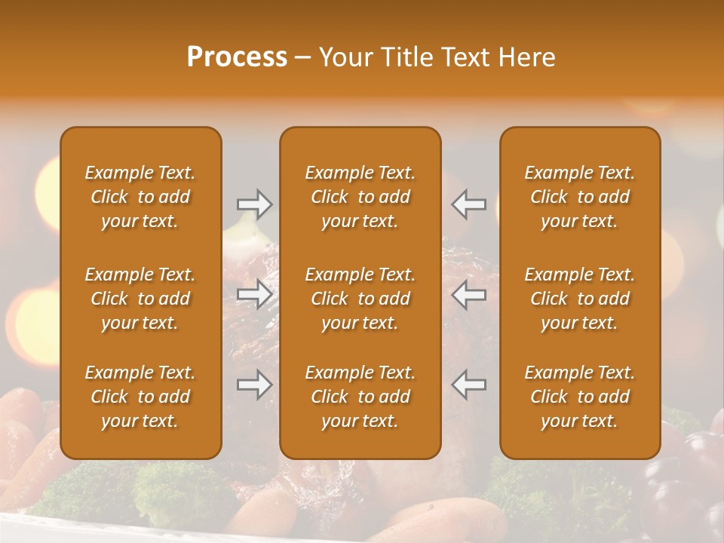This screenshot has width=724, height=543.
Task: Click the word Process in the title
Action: pos(237,57)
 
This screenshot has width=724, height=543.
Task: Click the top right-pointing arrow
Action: pos(254,204)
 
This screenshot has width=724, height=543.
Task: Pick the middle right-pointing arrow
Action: pos(254,294)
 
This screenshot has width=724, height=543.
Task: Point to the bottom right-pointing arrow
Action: pos(254,385)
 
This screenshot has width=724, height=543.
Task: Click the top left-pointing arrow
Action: pos(468,204)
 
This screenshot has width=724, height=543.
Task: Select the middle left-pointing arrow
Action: pos(468,294)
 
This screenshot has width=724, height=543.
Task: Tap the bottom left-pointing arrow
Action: pos(468,385)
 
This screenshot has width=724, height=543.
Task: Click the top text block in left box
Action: pos(140,197)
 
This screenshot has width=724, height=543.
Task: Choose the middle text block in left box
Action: pos(140,299)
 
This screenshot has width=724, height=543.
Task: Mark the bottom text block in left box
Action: pos(140,397)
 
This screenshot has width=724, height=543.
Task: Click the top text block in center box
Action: pos(360,197)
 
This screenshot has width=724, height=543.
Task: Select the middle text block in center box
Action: pos(360,299)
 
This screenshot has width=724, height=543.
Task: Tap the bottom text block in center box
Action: pos(360,397)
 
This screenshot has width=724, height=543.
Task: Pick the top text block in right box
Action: pos(580,197)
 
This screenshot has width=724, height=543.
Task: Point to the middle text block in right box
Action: pos(580,299)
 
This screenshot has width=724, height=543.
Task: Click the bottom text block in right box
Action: pos(580,397)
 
